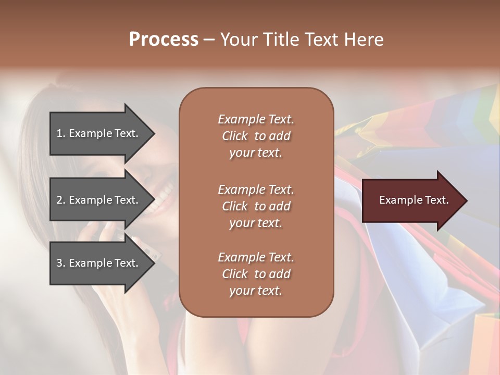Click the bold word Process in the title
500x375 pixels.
pos(164,40)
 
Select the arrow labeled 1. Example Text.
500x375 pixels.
pos(99,133)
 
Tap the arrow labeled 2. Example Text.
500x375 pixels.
pos(99,200)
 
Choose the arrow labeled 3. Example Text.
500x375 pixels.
pos(99,263)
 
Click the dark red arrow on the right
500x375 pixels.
pos(411,201)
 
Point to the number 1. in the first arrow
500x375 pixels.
pos(61,133)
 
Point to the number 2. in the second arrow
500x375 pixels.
pos(61,200)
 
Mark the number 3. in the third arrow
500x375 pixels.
pos(61,263)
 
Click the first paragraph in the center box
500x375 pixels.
pos(256,136)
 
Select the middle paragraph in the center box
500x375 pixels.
pos(256,206)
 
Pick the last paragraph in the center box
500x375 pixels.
pos(256,274)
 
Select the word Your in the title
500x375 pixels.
pos(238,40)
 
